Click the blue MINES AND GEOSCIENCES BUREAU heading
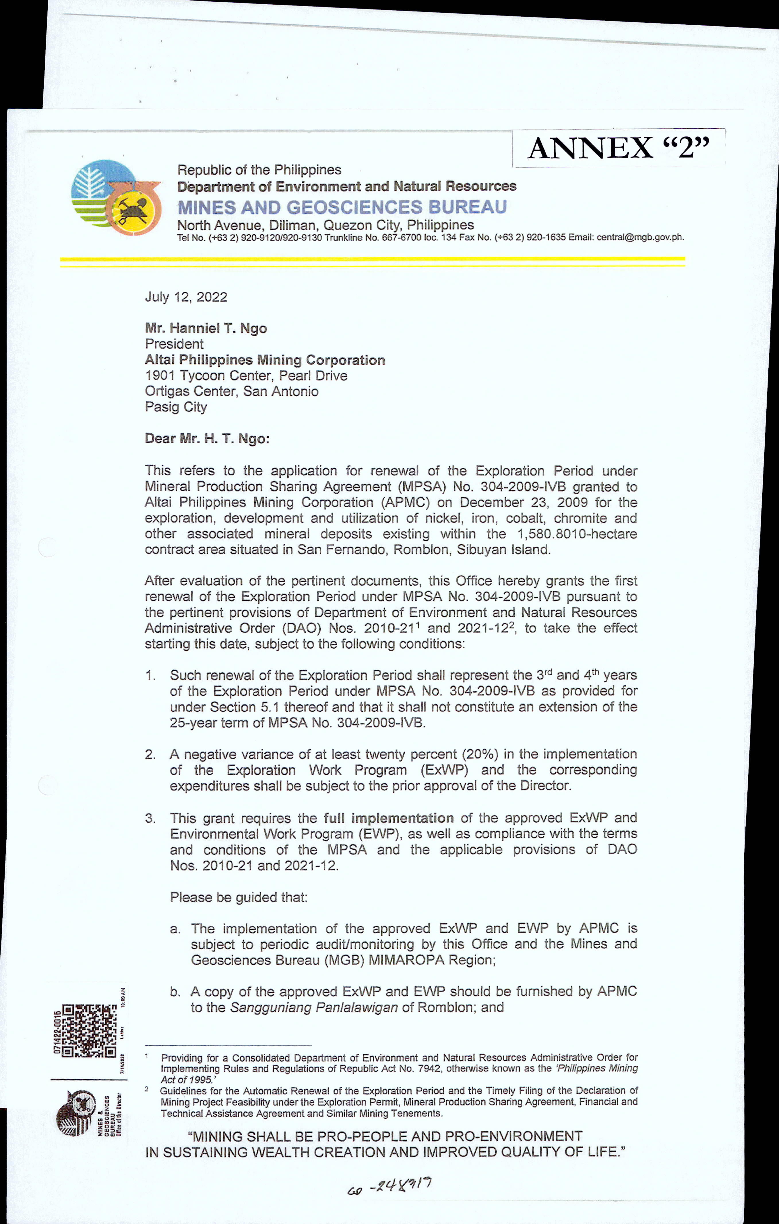(342, 207)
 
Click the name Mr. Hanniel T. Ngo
(206, 328)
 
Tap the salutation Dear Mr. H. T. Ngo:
(207, 439)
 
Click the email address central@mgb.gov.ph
(640, 237)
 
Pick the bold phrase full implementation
(389, 818)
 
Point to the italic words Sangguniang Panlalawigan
(313, 1008)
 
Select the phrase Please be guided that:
(239, 897)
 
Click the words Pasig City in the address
(176, 407)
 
